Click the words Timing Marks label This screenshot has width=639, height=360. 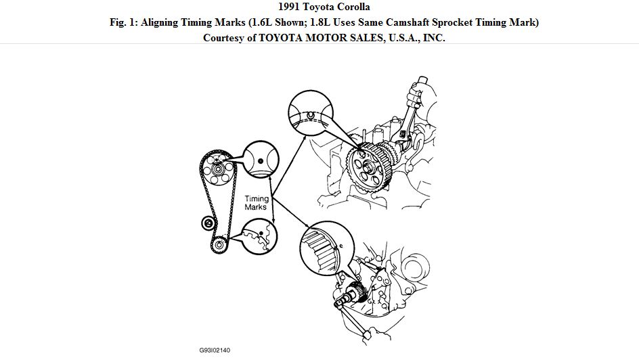[x=256, y=203]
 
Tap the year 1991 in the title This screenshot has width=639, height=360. [x=284, y=7]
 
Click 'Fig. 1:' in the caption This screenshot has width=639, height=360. [x=125, y=22]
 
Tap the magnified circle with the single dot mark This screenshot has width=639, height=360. [x=261, y=160]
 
